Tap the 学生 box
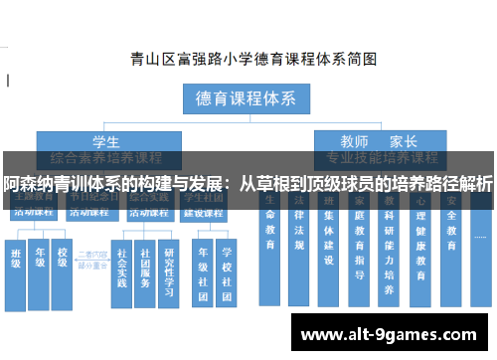(x=106, y=141)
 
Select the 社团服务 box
(x=146, y=267)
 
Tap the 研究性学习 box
(x=169, y=267)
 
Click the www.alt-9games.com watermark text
(x=394, y=333)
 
